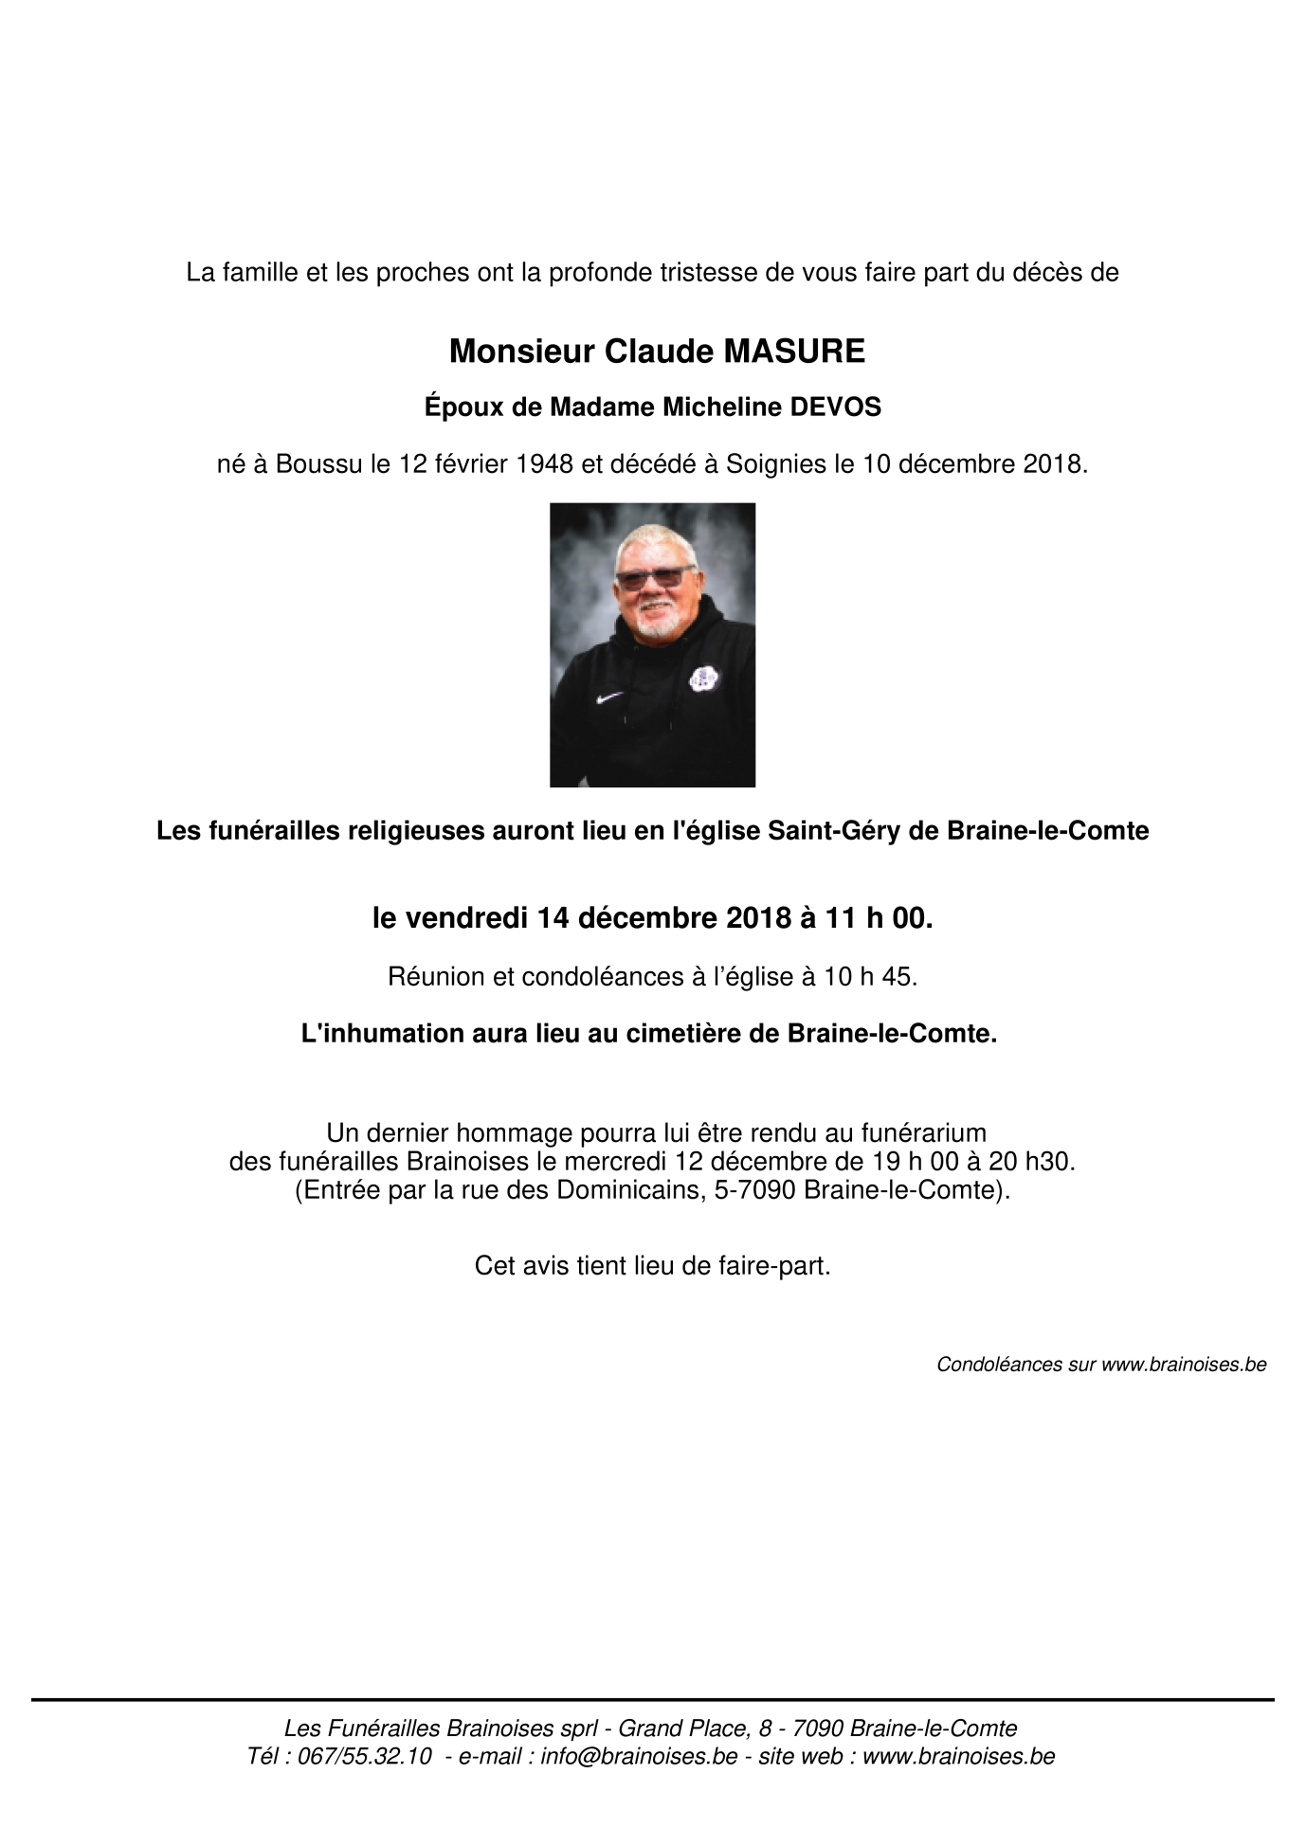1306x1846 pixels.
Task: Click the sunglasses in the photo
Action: [653, 577]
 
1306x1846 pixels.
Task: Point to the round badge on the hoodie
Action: [699, 677]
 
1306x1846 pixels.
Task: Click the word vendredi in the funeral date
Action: [463, 918]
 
